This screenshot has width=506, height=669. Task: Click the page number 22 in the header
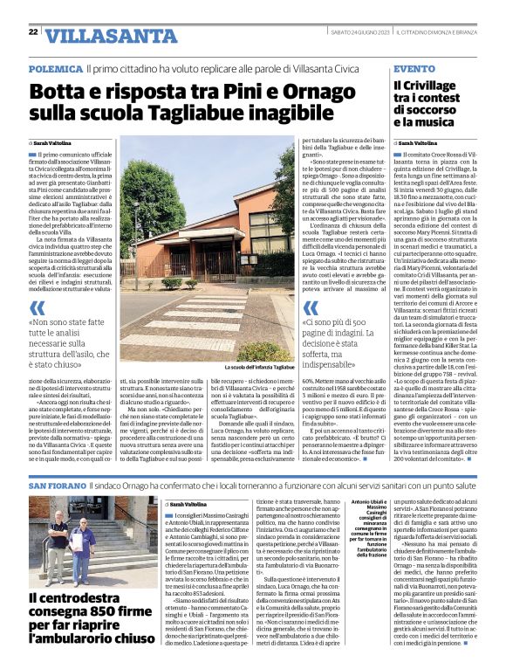point(32,32)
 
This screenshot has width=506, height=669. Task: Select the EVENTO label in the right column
point(414,67)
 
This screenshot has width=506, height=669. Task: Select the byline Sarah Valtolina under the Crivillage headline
point(419,142)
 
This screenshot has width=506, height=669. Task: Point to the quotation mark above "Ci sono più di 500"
point(310,308)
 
